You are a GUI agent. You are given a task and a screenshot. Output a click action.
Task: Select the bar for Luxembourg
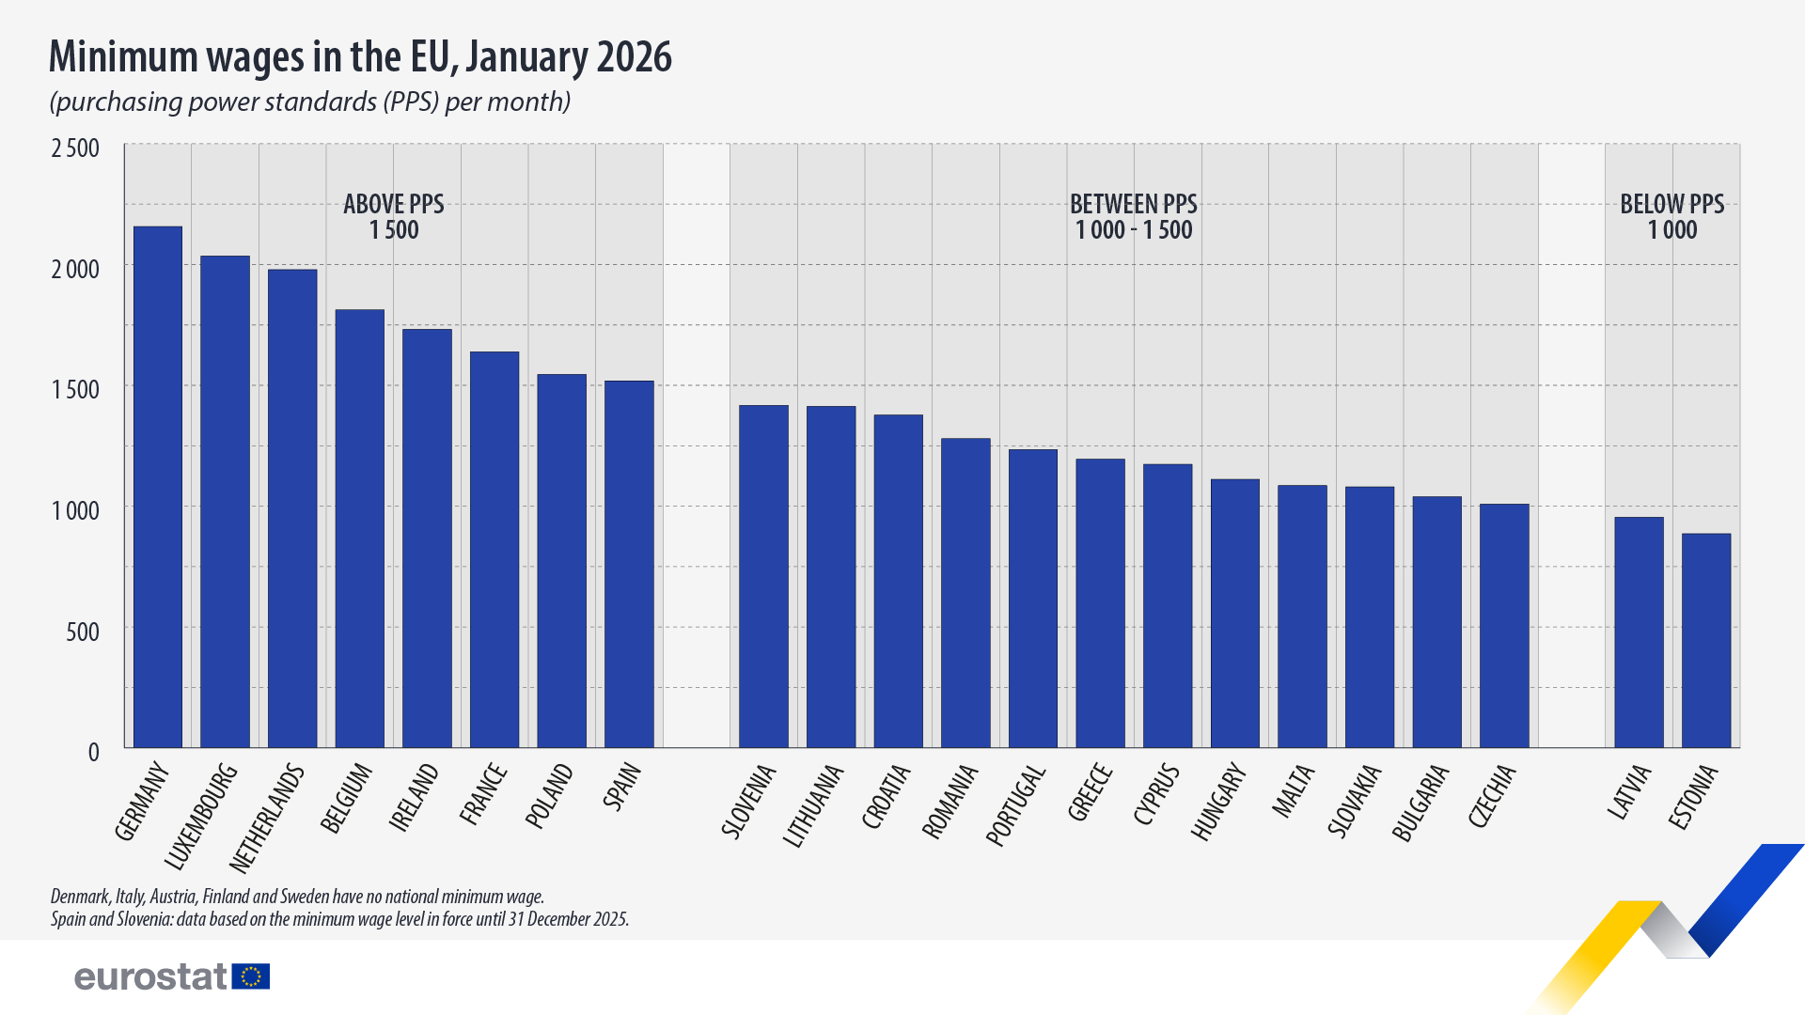(226, 502)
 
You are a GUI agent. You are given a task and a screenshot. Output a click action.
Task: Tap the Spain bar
(629, 564)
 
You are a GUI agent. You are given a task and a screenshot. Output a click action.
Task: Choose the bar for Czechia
(1504, 626)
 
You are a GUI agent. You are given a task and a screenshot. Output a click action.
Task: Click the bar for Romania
(965, 593)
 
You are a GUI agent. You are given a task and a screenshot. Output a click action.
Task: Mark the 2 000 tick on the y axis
(75, 270)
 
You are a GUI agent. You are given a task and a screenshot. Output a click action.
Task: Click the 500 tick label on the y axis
(83, 632)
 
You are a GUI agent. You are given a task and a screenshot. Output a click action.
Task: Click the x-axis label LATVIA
(1629, 791)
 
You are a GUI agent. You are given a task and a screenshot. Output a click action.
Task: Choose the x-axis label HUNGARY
(1218, 802)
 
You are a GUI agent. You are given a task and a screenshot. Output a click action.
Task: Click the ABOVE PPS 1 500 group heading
(393, 217)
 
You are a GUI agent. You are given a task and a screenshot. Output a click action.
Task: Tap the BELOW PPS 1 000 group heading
(1672, 217)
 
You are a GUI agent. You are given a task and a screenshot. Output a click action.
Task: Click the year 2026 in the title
(634, 57)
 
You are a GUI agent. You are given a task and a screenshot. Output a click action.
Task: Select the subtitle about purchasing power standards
(310, 101)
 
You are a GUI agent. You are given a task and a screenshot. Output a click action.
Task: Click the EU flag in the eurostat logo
(251, 976)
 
